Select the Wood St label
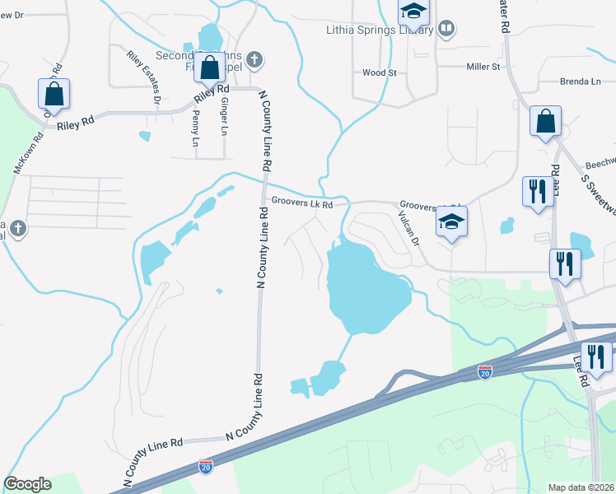click(x=380, y=72)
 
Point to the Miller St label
click(x=483, y=66)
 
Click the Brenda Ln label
click(x=581, y=82)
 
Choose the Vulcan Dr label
click(x=409, y=229)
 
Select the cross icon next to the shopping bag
click(x=255, y=59)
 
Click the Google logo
click(x=27, y=484)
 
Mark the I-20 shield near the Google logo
click(x=205, y=467)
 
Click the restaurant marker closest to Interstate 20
click(x=595, y=357)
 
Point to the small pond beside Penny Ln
click(x=146, y=136)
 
